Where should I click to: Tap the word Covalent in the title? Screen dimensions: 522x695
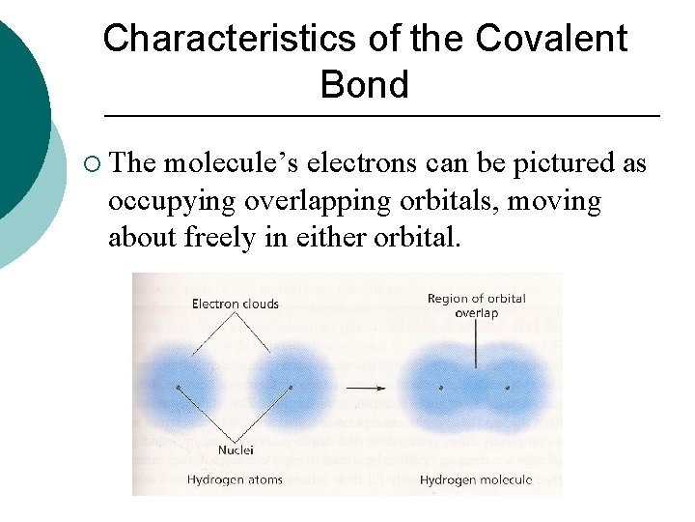(x=551, y=39)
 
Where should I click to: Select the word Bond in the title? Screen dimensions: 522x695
(x=364, y=85)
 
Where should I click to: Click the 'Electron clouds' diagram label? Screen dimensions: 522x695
(x=235, y=304)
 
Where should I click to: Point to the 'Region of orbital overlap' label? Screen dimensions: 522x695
(x=476, y=305)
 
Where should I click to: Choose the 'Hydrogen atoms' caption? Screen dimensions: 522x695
(x=235, y=480)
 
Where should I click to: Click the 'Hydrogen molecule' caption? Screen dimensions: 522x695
(x=477, y=480)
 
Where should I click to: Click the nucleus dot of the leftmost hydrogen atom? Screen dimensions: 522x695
(x=179, y=388)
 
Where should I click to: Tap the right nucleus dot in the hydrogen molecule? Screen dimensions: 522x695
(x=507, y=389)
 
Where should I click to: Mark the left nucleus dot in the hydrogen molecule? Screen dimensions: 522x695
(x=441, y=389)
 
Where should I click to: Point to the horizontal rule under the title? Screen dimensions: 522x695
(x=381, y=116)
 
